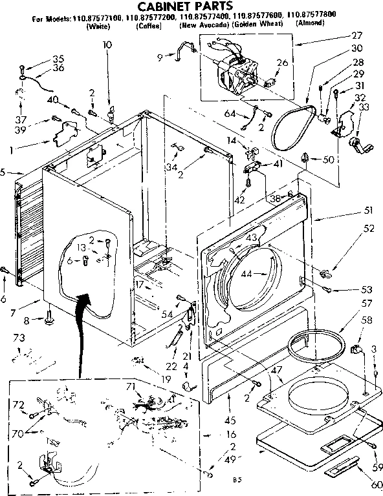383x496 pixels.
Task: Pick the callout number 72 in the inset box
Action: (19, 405)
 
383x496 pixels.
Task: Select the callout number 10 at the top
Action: (107, 45)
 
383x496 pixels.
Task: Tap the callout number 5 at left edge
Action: (3, 172)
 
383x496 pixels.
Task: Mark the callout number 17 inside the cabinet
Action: (139, 282)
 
